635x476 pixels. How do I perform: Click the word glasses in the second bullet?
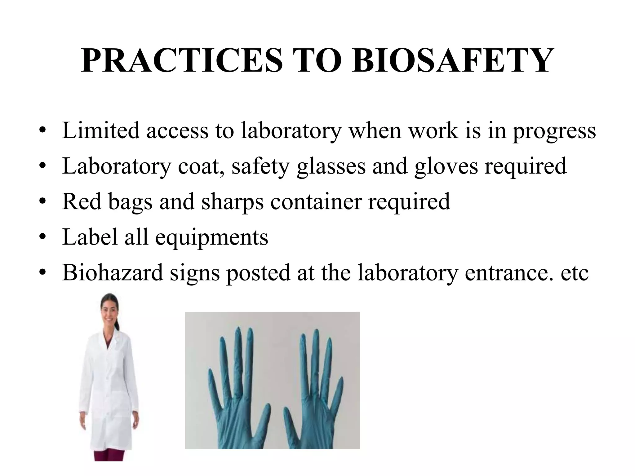tap(331, 166)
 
